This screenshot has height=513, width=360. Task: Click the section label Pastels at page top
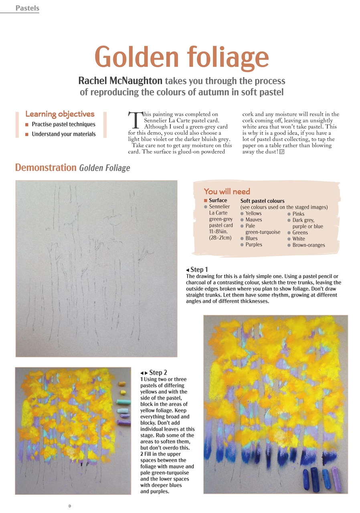click(27, 8)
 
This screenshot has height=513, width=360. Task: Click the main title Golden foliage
click(182, 57)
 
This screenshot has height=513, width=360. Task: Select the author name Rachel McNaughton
click(120, 81)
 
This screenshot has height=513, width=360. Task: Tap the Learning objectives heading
click(60, 114)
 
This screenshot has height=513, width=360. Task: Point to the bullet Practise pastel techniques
click(63, 124)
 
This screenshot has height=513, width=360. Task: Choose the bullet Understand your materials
click(63, 134)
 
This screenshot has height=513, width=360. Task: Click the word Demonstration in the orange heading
click(46, 168)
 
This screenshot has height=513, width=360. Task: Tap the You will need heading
click(227, 191)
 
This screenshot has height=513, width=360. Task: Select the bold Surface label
click(218, 200)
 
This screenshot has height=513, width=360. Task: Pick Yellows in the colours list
click(253, 214)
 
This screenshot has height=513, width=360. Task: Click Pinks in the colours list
click(298, 214)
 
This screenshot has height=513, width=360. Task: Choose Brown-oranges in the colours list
click(308, 245)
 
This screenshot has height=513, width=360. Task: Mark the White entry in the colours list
click(298, 239)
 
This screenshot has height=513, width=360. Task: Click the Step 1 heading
click(199, 270)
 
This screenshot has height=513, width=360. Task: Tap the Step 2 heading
click(158, 373)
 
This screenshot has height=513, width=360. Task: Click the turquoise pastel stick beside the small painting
click(123, 401)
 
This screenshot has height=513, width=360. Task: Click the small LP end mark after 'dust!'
click(282, 151)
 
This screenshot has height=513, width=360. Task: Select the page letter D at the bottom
click(70, 506)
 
